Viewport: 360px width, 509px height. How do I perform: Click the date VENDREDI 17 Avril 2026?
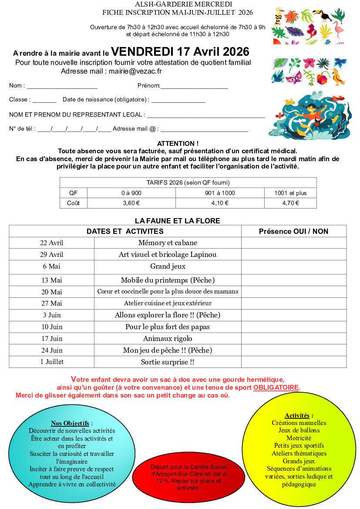[x=180, y=52]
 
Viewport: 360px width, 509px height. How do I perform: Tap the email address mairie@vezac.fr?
[x=135, y=71]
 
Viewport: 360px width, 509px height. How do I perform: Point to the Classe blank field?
[x=44, y=101]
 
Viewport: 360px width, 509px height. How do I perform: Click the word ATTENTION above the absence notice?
[x=178, y=143]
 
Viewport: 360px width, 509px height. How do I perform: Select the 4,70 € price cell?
[x=290, y=203]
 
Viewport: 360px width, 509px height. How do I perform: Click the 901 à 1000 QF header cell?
[x=219, y=193]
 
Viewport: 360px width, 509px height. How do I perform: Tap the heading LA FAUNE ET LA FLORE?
[x=178, y=221]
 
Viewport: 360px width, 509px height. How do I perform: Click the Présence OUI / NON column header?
[x=294, y=231]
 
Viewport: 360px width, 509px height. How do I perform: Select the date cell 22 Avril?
[x=52, y=243]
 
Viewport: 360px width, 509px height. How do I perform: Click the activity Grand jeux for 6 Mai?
[x=168, y=266]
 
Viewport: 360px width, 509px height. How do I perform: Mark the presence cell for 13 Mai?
[x=294, y=280]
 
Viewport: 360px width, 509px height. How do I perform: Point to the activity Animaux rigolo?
[x=168, y=338]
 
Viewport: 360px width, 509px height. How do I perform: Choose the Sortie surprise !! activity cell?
[x=168, y=362]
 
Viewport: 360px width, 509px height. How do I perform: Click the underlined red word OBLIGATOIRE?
[x=276, y=387]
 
